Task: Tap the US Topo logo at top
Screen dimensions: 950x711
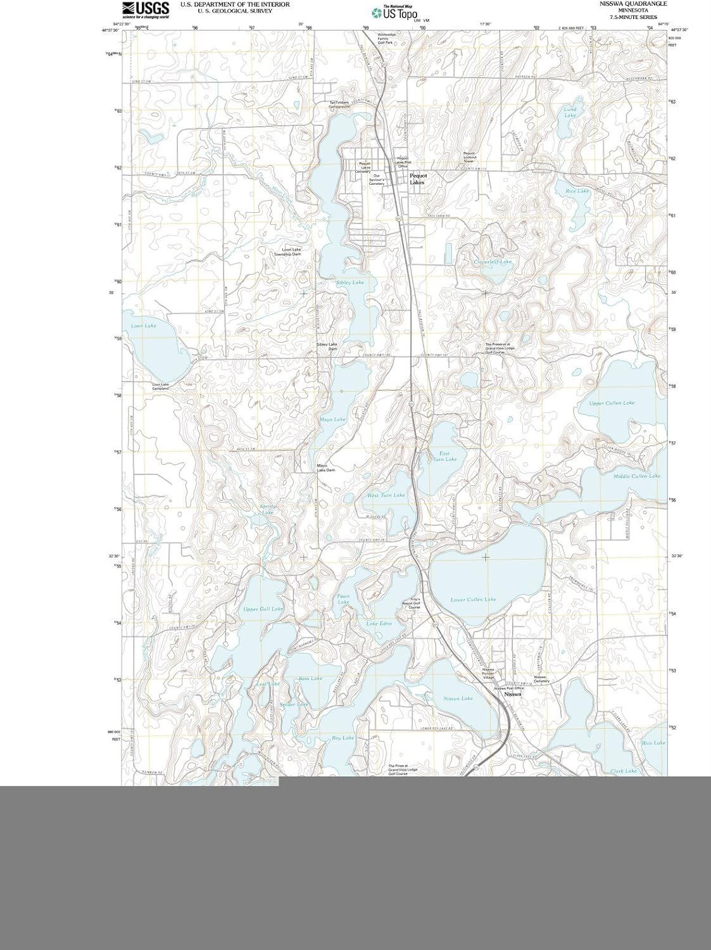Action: coord(394,11)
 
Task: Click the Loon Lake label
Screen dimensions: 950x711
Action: coord(143,326)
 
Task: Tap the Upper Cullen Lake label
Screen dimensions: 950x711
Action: coord(612,403)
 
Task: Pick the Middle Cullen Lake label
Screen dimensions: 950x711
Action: coord(637,476)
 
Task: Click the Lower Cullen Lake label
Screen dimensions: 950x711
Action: coord(474,599)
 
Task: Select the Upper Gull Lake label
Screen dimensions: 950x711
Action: coord(263,609)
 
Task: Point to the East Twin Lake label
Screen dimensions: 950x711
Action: coord(448,456)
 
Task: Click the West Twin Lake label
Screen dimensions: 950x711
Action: coord(386,495)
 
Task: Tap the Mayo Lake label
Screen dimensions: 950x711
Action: coord(332,419)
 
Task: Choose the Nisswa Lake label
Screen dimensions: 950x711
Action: coord(458,698)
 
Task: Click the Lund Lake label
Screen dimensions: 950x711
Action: coord(570,112)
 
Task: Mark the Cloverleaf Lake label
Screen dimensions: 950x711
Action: coord(493,262)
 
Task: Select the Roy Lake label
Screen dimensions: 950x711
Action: coord(343,738)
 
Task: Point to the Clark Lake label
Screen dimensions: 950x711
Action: coord(624,771)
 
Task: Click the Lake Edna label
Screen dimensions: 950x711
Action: coord(379,624)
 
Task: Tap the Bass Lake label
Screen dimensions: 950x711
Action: coord(310,678)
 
